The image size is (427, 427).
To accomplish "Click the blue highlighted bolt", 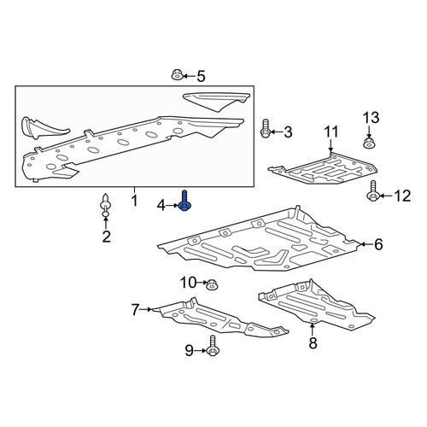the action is point(184,202).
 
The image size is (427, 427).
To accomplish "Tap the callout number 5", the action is point(201,77).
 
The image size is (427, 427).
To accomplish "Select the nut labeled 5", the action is point(177,75).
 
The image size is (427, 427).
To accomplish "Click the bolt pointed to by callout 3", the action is point(265,129).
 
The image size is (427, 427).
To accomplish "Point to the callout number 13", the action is point(371,118).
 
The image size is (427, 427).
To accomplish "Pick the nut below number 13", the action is point(368,143).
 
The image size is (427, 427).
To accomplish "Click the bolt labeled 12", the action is point(372,190).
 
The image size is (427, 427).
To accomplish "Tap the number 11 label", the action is point(330,132).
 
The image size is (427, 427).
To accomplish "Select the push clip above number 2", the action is point(105,205).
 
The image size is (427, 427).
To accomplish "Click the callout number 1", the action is point(135,201).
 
